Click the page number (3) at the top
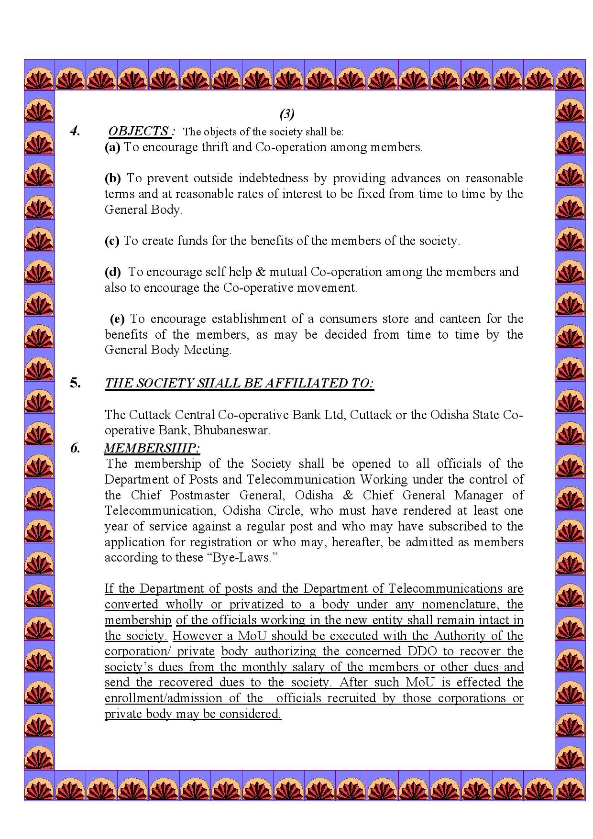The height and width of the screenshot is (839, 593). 287,114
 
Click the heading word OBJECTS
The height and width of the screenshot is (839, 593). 138,131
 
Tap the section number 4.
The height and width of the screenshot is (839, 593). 75,131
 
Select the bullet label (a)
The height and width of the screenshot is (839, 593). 112,147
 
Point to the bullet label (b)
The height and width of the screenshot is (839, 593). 113,178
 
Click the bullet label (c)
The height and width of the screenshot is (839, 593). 112,241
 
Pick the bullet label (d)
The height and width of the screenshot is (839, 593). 113,272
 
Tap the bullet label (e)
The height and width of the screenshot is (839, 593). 117,319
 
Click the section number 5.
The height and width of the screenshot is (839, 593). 76,383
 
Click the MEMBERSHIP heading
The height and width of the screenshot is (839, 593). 152,448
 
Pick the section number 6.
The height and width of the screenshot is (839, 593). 75,448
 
